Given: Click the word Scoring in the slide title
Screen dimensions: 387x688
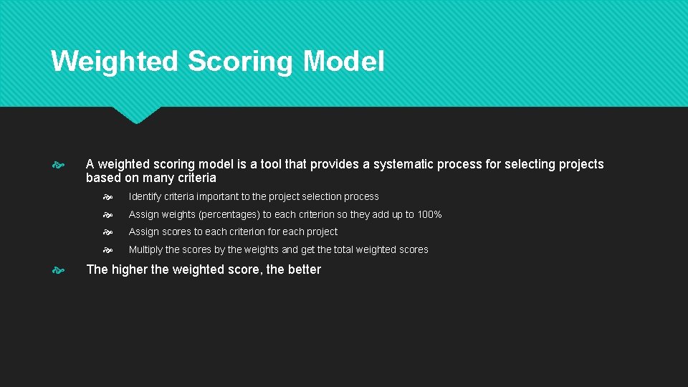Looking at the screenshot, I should tap(240, 62).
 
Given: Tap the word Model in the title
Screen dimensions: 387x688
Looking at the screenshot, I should tap(343, 62).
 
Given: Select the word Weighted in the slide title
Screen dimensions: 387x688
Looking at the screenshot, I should tap(115, 62).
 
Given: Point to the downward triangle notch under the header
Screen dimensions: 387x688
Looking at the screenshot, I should tap(136, 115).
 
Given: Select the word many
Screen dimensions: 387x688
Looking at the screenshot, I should tap(158, 178).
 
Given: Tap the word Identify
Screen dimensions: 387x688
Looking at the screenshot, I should tap(145, 196).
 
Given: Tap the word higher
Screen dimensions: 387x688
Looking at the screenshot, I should tap(129, 269).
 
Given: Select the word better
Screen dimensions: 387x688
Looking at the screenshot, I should tap(304, 269).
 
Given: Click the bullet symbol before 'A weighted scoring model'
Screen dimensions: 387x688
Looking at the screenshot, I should tap(59, 165).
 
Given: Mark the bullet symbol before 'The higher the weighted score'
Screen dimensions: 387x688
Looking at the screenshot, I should tap(59, 270).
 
